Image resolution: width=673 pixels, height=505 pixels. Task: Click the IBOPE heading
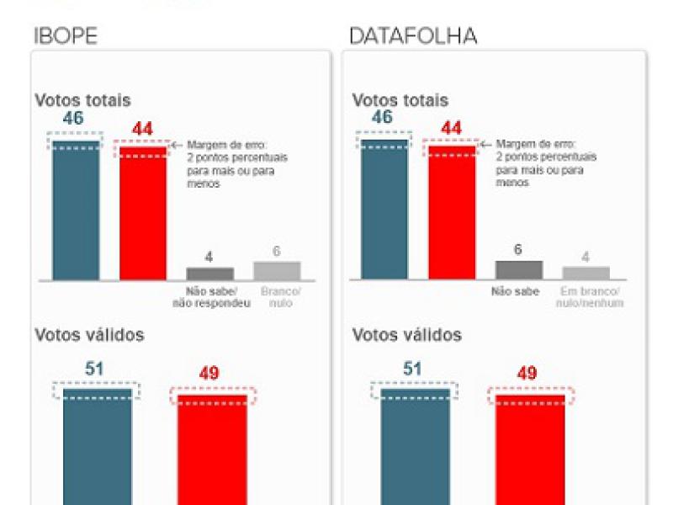[66, 36]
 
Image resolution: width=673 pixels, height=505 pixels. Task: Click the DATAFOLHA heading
[413, 36]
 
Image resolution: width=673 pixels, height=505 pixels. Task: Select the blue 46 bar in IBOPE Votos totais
[76, 210]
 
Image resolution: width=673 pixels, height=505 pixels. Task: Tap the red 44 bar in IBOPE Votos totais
[142, 215]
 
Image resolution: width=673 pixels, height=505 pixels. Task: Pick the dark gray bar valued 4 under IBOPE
[209, 274]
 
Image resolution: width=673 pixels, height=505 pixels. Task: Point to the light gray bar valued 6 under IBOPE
[277, 270]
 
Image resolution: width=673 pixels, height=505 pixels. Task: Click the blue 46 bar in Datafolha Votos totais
[384, 210]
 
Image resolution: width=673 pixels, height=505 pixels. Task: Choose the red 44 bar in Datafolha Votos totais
[452, 215]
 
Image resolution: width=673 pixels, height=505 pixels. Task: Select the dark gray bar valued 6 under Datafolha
[519, 269]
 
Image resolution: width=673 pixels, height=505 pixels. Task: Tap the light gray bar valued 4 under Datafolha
[586, 273]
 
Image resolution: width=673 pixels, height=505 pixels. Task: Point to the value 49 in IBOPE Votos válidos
[209, 373]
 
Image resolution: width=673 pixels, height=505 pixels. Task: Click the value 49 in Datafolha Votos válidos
[527, 373]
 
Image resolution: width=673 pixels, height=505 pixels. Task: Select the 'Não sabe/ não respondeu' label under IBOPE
[219, 298]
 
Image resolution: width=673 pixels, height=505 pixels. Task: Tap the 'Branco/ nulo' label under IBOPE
[279, 298]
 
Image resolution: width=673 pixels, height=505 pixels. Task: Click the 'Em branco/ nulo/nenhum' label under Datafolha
[592, 298]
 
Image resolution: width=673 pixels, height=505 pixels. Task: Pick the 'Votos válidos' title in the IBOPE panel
[89, 335]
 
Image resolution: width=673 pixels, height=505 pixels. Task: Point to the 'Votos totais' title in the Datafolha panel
[400, 100]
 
